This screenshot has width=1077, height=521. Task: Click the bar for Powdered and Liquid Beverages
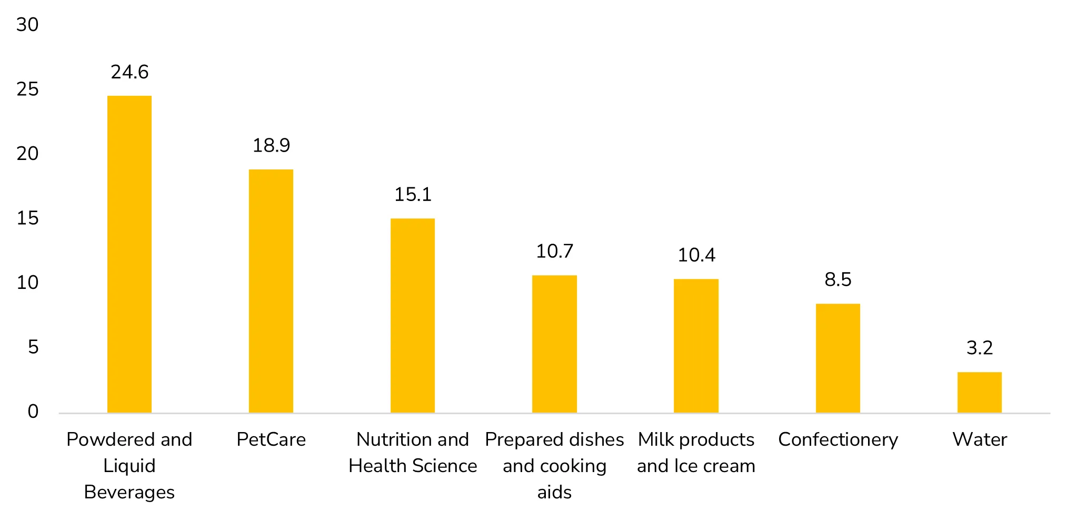(129, 254)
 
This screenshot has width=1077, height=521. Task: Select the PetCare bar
(271, 291)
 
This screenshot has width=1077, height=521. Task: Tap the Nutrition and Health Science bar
(413, 316)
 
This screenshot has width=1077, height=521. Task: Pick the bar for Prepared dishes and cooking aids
(554, 344)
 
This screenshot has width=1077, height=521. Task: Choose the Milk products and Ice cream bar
(696, 346)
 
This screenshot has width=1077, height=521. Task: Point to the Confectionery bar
(837, 358)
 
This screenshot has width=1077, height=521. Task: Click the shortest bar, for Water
(979, 393)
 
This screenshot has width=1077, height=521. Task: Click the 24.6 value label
(129, 72)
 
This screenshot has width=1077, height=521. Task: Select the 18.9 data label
(271, 146)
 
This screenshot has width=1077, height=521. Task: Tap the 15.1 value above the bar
(413, 195)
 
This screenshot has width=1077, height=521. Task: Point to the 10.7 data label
(554, 252)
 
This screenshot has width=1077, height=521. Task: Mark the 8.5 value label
(837, 280)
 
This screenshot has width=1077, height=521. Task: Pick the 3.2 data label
(979, 348)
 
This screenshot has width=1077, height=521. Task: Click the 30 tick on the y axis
(27, 25)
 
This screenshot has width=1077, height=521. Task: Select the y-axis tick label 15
(27, 218)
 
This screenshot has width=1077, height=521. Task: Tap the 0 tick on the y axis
(33, 412)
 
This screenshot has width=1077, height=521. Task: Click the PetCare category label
(271, 439)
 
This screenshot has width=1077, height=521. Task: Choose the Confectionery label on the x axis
(837, 439)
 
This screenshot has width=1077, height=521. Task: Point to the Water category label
(979, 439)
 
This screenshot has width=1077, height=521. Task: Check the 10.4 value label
(696, 255)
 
